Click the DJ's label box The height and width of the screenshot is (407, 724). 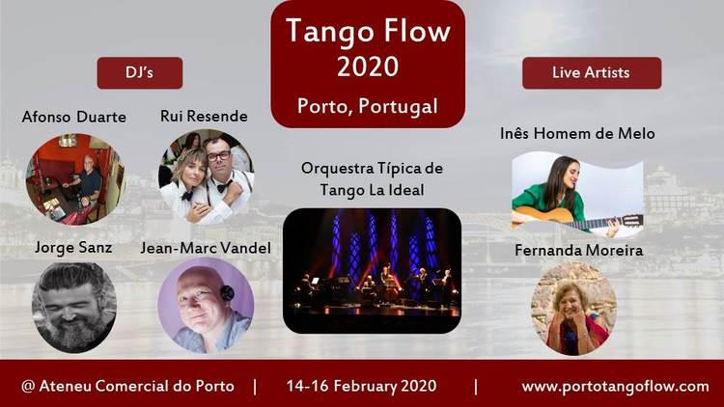[x=140, y=73]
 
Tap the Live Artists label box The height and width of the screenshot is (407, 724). [x=592, y=73]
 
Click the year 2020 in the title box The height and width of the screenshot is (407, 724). [x=368, y=67]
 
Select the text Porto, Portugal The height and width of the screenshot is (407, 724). [x=368, y=106]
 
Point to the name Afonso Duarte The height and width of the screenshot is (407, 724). [x=74, y=117]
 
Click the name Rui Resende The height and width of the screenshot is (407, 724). [x=204, y=116]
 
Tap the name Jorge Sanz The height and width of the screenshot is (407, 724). [x=73, y=248]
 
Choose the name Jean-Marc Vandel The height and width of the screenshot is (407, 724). [x=206, y=248]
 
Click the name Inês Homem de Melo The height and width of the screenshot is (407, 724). [x=577, y=134]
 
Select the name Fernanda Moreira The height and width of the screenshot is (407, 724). [x=579, y=251]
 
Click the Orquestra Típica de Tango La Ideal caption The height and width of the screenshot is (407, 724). [x=373, y=179]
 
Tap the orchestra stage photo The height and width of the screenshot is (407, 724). [x=373, y=271]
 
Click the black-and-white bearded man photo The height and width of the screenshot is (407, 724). [x=74, y=308]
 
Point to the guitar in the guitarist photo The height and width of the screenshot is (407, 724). [x=577, y=218]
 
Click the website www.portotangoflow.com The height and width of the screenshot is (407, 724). [x=616, y=386]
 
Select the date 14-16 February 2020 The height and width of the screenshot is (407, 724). [x=362, y=386]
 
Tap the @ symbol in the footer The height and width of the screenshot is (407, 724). [x=28, y=386]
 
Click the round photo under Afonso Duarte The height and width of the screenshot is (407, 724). [x=75, y=179]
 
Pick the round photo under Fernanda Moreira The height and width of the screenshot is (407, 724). [x=574, y=310]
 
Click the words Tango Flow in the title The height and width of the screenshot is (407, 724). [x=368, y=32]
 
